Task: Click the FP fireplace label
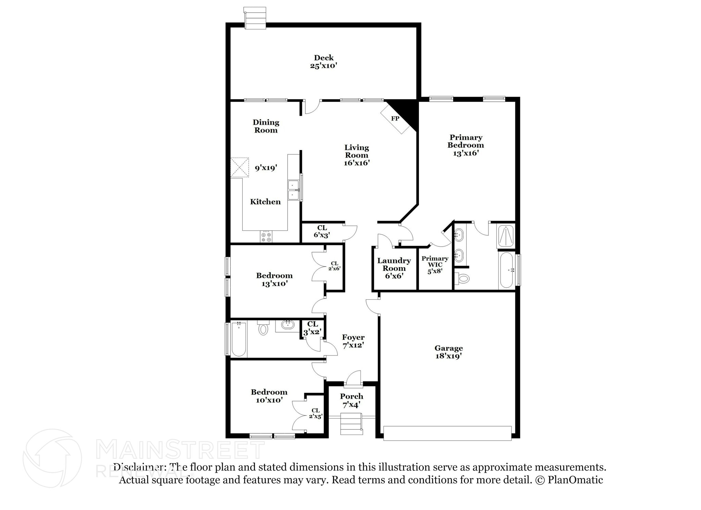395,119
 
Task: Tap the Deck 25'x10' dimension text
323,66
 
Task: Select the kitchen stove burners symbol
266,237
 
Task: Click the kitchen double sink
293,190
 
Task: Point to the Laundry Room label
394,264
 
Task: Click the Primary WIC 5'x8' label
435,264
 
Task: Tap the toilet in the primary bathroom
463,278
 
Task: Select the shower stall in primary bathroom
506,236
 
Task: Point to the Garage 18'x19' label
448,352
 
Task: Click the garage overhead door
447,433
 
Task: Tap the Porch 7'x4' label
352,400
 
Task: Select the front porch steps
351,424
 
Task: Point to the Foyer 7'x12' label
353,341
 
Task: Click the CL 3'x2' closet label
312,328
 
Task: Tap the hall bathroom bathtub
239,339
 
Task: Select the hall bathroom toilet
263,328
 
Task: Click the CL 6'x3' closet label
322,232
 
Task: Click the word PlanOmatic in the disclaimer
575,480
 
